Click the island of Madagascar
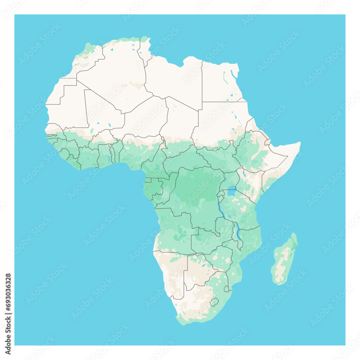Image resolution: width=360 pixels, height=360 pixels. pos(284,261)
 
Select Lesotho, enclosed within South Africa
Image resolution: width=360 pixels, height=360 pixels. pos(214,302)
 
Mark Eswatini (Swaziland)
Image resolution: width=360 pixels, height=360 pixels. pos(226,289)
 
